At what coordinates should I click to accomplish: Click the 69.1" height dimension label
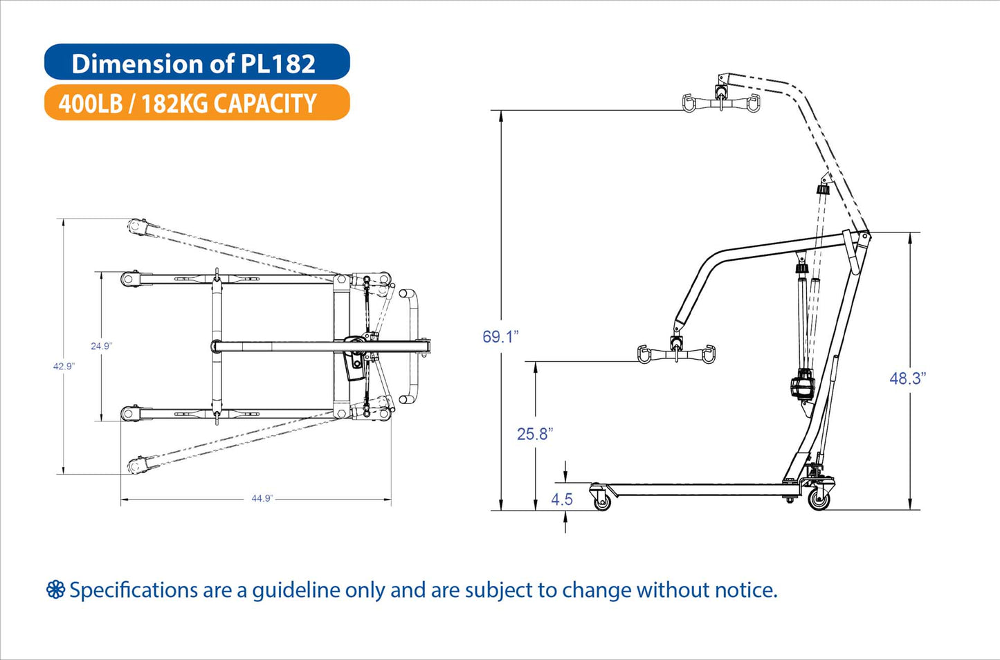pyautogui.click(x=500, y=337)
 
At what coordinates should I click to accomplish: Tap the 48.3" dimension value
pyautogui.click(x=907, y=378)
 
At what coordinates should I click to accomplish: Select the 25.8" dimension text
pyautogui.click(x=535, y=434)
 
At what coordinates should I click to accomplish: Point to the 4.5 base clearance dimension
pyautogui.click(x=562, y=499)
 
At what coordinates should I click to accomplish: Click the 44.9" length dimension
pyautogui.click(x=262, y=498)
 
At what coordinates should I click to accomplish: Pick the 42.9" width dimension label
pyautogui.click(x=63, y=366)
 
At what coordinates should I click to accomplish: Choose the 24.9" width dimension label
pyautogui.click(x=101, y=346)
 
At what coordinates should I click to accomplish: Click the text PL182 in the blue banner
pyautogui.click(x=278, y=64)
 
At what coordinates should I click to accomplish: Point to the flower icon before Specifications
pyautogui.click(x=55, y=590)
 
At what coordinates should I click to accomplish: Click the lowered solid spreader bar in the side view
pyautogui.click(x=675, y=354)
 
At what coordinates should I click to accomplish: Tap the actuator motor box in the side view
pyautogui.click(x=803, y=385)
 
